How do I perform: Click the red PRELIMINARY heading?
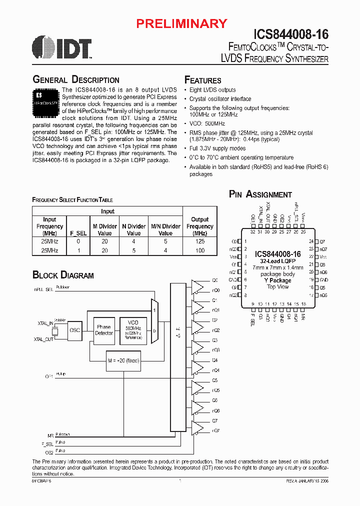[x=182, y=23]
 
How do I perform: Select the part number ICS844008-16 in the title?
[x=291, y=35]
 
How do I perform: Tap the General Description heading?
[x=76, y=80]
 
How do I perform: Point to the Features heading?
[x=203, y=80]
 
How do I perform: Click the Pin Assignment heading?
[x=260, y=194]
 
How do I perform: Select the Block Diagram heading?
[x=63, y=275]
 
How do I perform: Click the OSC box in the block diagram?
[x=74, y=330]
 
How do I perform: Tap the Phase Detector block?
[x=104, y=330]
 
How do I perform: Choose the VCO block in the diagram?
[x=133, y=330]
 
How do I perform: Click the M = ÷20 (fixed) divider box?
[x=122, y=360]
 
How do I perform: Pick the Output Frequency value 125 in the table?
[x=200, y=241]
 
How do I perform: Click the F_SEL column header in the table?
[x=74, y=233]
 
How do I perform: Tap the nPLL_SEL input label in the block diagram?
[x=43, y=289]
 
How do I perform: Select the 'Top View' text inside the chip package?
[x=277, y=287]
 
